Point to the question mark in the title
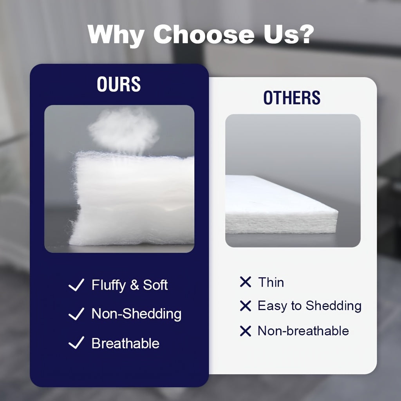[304, 34]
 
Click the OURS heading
[119, 84]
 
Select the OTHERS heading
[292, 98]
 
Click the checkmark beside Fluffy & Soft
[76, 285]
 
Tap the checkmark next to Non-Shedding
[76, 314]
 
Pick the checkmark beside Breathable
[76, 343]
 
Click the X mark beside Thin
[246, 282]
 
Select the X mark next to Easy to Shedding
[246, 306]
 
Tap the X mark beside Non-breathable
[246, 331]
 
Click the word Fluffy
[108, 285]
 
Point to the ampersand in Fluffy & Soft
[135, 285]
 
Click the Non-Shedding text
[136, 314]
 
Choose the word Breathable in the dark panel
[125, 343]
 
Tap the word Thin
[271, 282]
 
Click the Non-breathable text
[303, 331]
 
